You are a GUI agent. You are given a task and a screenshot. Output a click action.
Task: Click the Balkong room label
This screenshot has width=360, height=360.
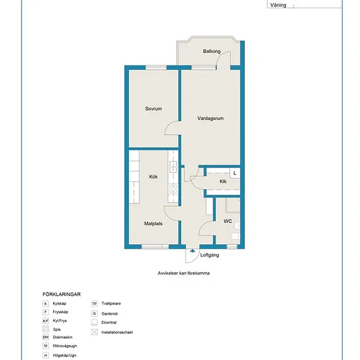211,51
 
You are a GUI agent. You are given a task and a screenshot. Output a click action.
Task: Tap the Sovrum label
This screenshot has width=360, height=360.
153,109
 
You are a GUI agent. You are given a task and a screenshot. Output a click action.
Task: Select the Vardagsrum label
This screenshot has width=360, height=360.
210,118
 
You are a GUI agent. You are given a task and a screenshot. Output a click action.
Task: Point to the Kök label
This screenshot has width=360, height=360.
153,177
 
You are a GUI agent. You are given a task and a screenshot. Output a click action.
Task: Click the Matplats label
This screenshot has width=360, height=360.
153,223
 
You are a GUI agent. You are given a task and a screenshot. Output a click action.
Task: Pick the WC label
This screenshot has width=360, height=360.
228,221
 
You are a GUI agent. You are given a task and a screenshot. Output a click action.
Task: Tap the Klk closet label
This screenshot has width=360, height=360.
223,181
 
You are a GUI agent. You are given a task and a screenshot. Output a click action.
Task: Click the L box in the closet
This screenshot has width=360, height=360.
235,173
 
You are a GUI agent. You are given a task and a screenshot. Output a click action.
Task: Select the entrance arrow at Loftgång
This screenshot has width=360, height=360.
192,251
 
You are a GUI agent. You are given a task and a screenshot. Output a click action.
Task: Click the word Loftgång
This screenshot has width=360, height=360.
209,255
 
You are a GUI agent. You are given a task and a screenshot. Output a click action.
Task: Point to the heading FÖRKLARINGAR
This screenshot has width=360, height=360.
62,295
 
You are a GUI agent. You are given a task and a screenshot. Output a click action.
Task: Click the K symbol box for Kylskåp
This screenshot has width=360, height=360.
46,304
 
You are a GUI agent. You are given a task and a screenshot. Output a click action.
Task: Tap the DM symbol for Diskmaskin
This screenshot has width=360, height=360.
46,337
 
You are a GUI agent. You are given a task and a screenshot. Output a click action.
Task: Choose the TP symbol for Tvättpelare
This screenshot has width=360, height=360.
94,304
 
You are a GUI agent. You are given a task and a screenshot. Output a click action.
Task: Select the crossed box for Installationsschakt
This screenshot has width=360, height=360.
94,332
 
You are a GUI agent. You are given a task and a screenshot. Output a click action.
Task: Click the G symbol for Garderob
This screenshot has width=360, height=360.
94,314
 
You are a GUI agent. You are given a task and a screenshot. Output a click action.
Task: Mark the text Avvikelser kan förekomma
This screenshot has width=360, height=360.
183,273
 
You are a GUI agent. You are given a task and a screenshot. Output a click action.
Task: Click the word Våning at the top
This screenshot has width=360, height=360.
278,5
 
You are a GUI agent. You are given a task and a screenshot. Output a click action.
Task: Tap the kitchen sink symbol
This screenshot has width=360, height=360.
173,167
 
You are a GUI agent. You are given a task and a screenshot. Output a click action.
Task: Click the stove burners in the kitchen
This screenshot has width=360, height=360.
173,189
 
